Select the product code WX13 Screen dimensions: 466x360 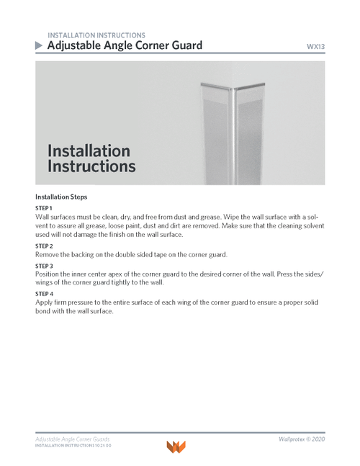[x=315, y=47]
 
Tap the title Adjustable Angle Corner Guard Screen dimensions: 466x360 [x=124, y=45]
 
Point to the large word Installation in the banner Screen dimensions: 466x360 [x=89, y=151]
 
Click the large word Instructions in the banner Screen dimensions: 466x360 [x=91, y=166]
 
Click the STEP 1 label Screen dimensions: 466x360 [x=44, y=208]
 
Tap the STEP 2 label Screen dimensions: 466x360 [x=44, y=246]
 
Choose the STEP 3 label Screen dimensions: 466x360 [x=44, y=265]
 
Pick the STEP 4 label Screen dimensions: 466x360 [x=44, y=294]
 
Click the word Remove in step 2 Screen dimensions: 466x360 [x=49, y=255]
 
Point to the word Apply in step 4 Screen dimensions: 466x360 [x=45, y=303]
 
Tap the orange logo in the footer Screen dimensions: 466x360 [x=176, y=447]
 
